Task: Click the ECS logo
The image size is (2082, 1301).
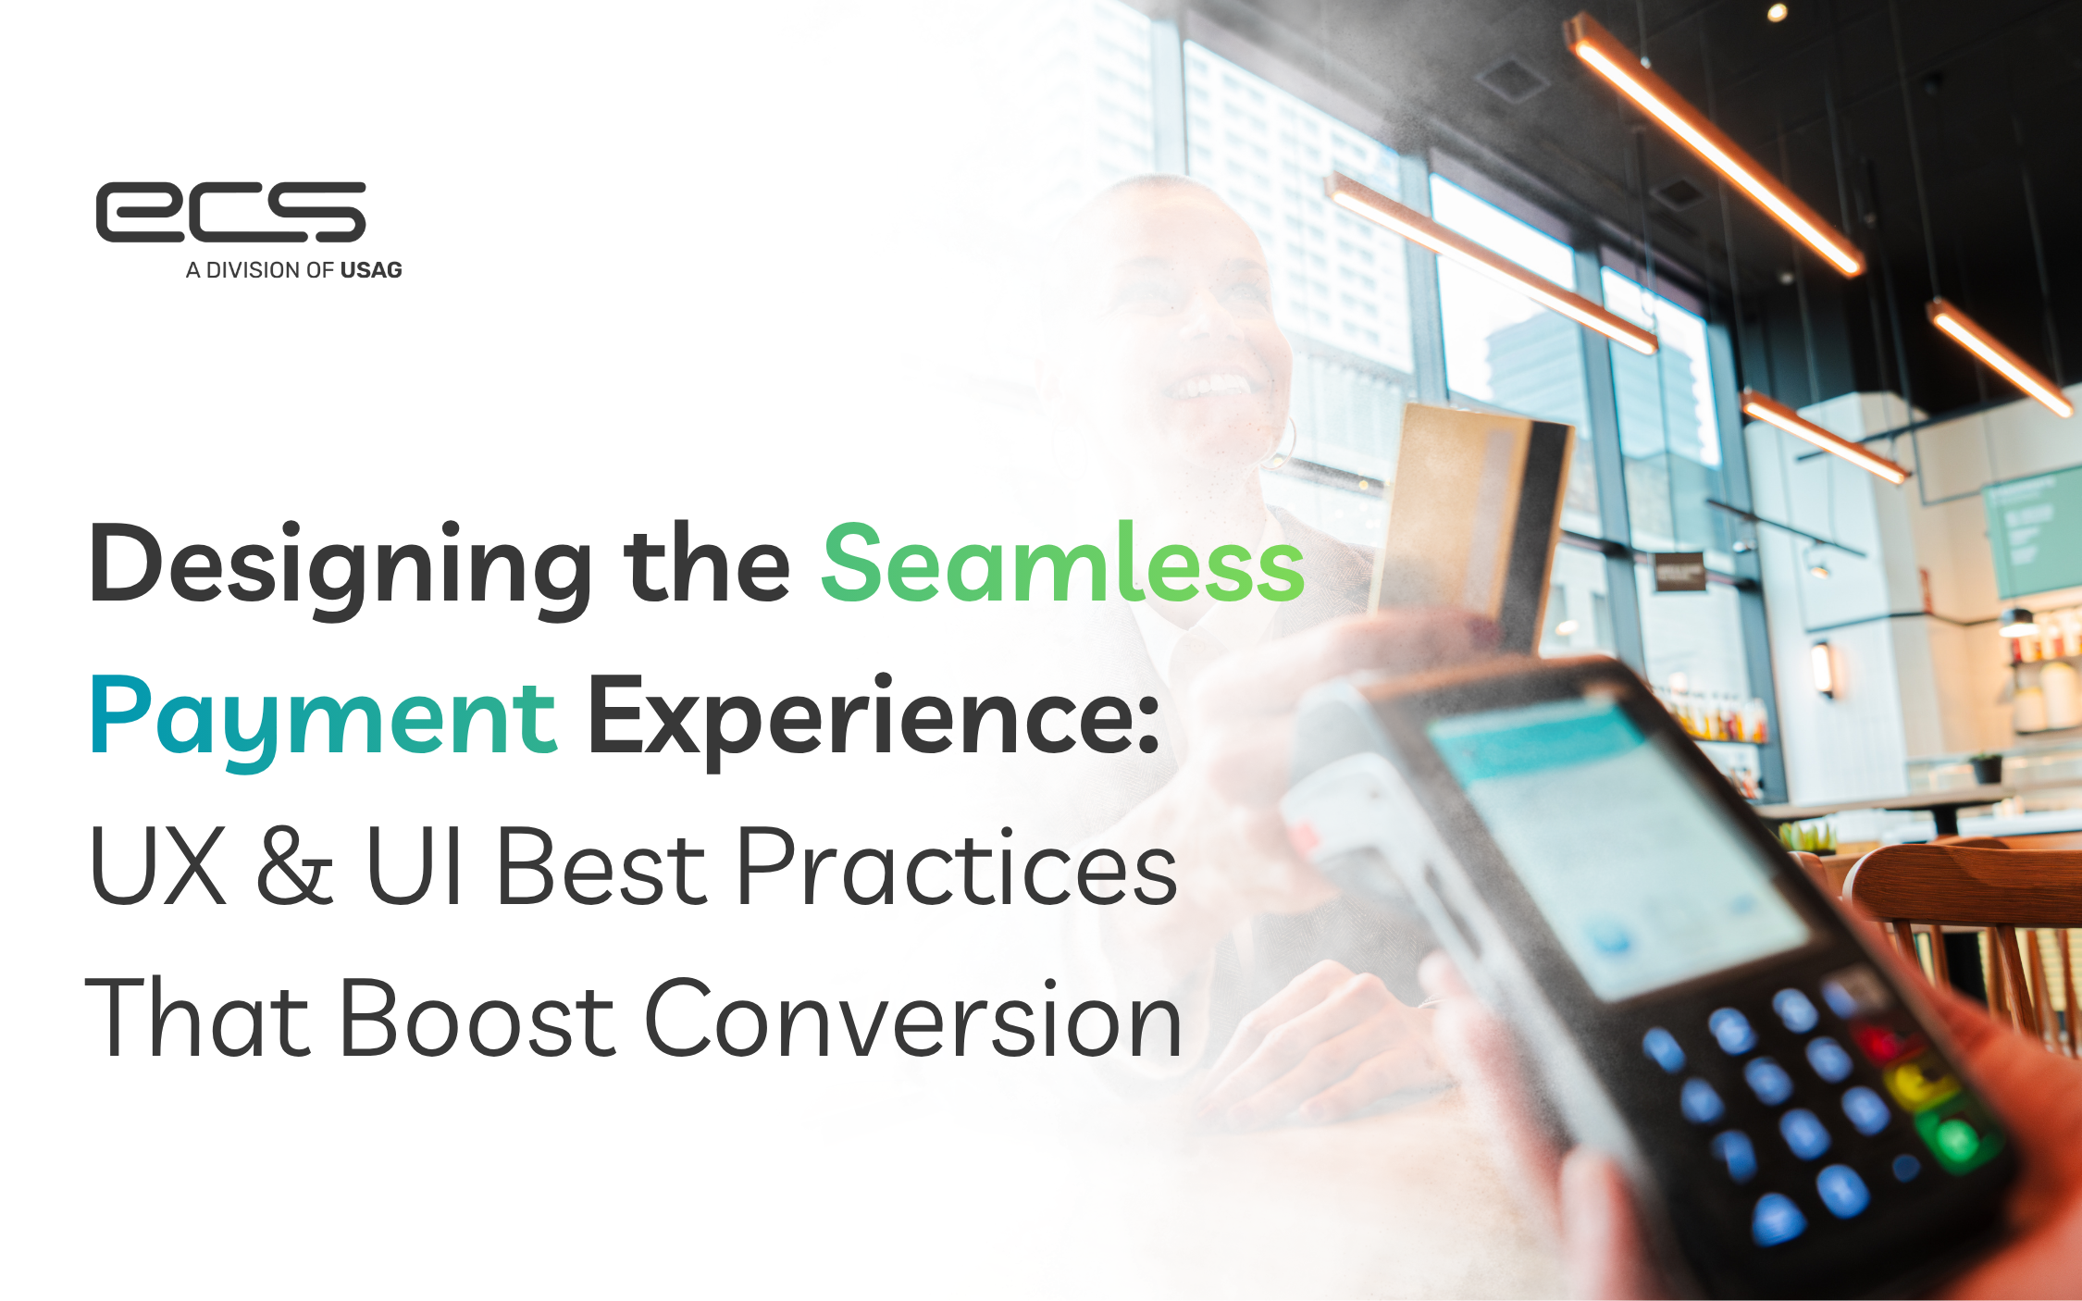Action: coord(231,212)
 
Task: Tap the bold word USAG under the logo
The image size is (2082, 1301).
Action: coord(371,270)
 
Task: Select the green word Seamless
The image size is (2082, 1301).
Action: coord(1063,563)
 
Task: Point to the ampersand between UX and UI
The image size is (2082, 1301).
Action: coord(295,864)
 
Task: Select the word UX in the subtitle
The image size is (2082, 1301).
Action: coord(157,865)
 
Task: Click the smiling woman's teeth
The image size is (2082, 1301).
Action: coord(1212,384)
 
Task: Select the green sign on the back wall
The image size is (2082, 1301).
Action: coord(2030,533)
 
